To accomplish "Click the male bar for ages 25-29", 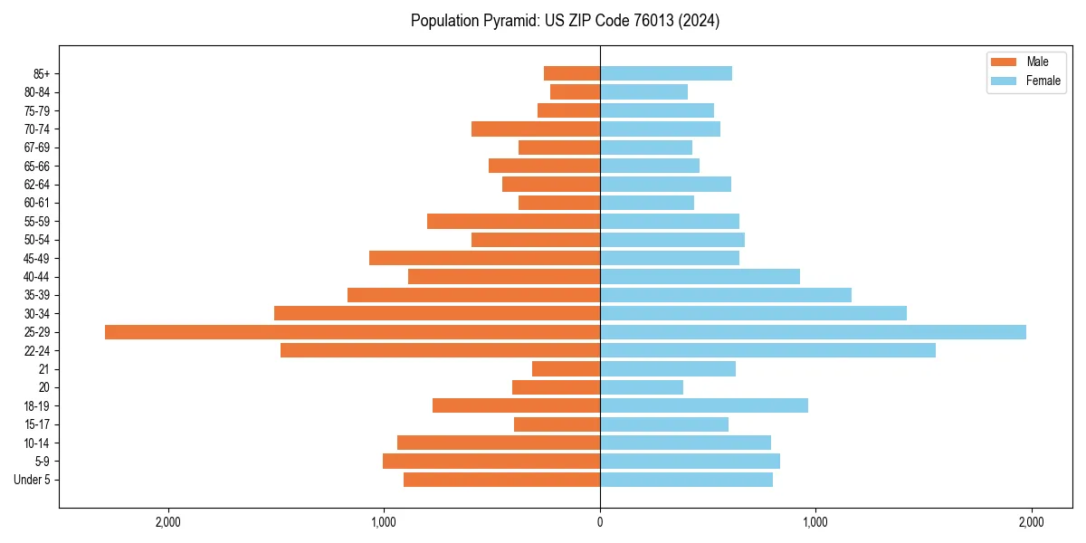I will (352, 332).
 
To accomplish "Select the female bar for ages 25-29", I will (813, 332).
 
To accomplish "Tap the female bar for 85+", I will (666, 73).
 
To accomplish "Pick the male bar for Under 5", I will (501, 480).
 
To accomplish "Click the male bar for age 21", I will (566, 369).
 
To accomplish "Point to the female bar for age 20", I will (642, 387).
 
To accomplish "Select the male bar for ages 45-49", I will (484, 258).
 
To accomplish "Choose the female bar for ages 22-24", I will (767, 350).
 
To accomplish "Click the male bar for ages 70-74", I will (536, 129).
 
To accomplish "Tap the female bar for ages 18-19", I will (704, 405).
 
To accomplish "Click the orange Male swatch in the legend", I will (1004, 62).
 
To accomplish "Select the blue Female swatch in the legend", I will (1004, 81).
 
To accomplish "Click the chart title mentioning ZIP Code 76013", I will (565, 21).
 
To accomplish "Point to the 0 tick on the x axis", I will (600, 522).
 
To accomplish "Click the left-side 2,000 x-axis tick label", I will (168, 522).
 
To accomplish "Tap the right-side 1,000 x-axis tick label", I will (815, 522).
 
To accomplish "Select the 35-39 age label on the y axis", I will (37, 295).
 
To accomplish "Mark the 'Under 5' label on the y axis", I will (32, 480).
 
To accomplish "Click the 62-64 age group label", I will (37, 185).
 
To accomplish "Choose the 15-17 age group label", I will (37, 424).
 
